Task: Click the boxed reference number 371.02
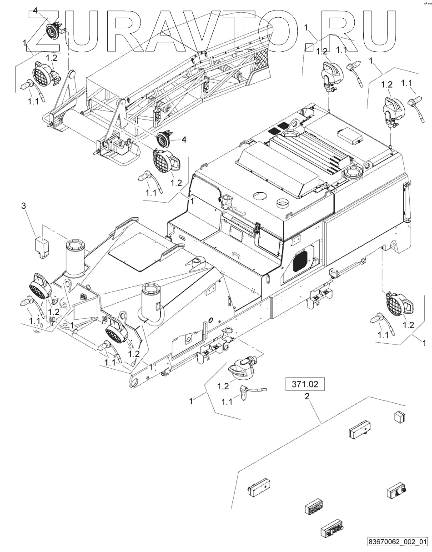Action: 305,384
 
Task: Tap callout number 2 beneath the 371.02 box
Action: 307,396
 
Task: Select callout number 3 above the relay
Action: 24,206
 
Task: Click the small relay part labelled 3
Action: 42,246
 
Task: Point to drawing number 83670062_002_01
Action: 398,542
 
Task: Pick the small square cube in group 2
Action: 399,416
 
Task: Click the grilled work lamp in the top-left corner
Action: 42,72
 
